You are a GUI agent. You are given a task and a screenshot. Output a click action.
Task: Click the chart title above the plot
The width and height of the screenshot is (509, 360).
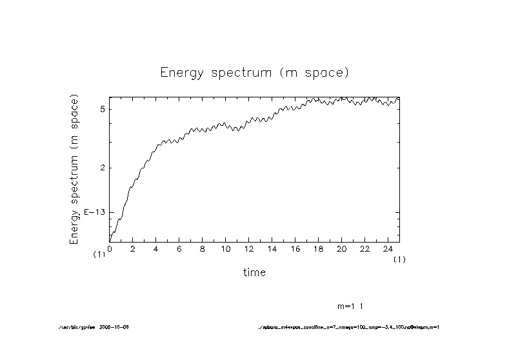pos(254,72)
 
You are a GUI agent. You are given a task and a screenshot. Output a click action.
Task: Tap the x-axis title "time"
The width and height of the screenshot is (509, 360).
pos(254,272)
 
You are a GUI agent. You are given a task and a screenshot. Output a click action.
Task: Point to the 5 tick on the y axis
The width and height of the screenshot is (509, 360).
pos(103,109)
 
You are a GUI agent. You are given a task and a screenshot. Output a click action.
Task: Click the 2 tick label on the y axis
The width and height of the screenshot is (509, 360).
pos(103,168)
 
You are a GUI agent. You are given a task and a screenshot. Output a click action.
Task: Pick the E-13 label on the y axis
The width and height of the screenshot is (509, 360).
pos(95,212)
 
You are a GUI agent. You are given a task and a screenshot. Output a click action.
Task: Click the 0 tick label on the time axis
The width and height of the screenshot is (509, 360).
pos(110,249)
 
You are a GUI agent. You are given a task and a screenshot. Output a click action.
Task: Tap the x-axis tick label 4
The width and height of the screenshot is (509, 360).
pos(156,249)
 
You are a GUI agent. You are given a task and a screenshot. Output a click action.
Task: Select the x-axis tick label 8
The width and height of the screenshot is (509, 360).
pos(203,249)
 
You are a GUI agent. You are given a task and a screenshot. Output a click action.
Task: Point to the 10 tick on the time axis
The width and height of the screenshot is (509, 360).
pos(226,249)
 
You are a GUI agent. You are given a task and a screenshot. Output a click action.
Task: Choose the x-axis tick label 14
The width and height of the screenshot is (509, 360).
pos(272,249)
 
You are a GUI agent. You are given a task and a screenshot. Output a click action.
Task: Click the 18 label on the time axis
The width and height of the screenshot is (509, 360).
pos(319,249)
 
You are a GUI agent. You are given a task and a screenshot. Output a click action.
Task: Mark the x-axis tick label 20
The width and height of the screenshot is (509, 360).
pos(342,249)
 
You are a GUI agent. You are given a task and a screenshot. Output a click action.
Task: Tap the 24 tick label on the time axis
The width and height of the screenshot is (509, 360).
pos(388,249)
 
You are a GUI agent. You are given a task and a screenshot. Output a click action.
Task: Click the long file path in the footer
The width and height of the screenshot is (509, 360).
pos(348,327)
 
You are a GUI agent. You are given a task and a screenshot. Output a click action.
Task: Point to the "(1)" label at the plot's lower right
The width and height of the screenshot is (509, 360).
pos(400,259)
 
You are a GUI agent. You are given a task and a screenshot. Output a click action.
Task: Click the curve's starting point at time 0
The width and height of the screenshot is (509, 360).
pos(110,241)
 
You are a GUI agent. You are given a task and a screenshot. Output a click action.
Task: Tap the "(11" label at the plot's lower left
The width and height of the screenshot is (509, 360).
pos(99,255)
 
